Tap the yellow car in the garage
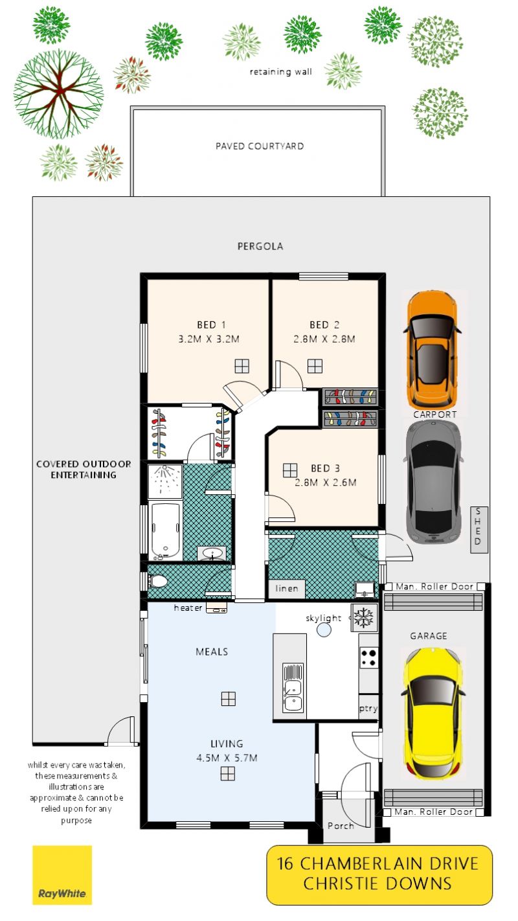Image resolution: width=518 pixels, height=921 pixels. (433, 714)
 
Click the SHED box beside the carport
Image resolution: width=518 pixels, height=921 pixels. (479, 530)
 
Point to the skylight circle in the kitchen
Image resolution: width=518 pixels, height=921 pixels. (324, 630)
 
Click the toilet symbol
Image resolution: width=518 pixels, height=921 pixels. (158, 582)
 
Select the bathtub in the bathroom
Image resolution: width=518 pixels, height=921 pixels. (165, 530)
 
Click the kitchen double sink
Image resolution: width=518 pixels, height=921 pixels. (293, 688)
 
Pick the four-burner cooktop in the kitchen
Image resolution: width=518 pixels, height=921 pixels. (369, 657)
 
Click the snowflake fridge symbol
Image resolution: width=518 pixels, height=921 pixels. (364, 618)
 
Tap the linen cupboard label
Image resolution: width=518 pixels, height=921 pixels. (287, 589)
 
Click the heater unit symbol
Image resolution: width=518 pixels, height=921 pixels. (216, 608)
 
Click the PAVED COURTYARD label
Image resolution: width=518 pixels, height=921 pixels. (260, 146)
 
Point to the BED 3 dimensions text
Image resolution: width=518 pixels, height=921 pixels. (326, 483)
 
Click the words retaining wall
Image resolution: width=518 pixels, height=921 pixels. (281, 72)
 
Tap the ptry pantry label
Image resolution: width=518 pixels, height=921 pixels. (368, 709)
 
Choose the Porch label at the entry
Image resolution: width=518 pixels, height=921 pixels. (341, 825)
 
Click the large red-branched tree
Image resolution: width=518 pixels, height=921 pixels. (58, 94)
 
